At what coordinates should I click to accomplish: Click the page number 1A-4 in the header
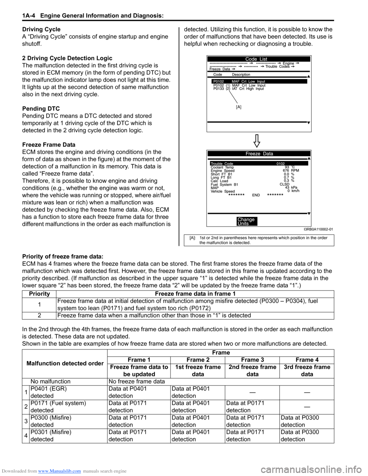click(x=29, y=16)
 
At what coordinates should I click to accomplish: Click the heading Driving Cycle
click(x=41, y=30)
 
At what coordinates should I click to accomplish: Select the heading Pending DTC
click(x=41, y=109)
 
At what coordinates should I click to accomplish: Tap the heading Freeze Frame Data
click(x=49, y=145)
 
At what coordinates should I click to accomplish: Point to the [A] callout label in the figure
click(x=239, y=107)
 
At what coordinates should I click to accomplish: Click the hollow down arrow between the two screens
click(x=257, y=141)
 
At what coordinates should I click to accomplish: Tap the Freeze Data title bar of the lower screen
click(x=259, y=154)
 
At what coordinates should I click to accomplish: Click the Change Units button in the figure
click(x=246, y=222)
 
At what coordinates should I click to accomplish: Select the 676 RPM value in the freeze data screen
click(x=291, y=171)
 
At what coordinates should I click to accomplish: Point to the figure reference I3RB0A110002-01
click(x=318, y=230)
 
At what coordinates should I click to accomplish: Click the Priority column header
click(x=39, y=294)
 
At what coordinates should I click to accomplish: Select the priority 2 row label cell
click(x=39, y=315)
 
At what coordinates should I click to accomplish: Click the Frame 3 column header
click(x=252, y=360)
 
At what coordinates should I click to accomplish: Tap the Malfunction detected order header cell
click(x=65, y=363)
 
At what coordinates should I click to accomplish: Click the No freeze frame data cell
click(x=136, y=381)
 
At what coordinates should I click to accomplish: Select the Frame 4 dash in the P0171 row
click(x=307, y=407)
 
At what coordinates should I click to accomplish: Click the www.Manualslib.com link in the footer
click(x=59, y=471)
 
